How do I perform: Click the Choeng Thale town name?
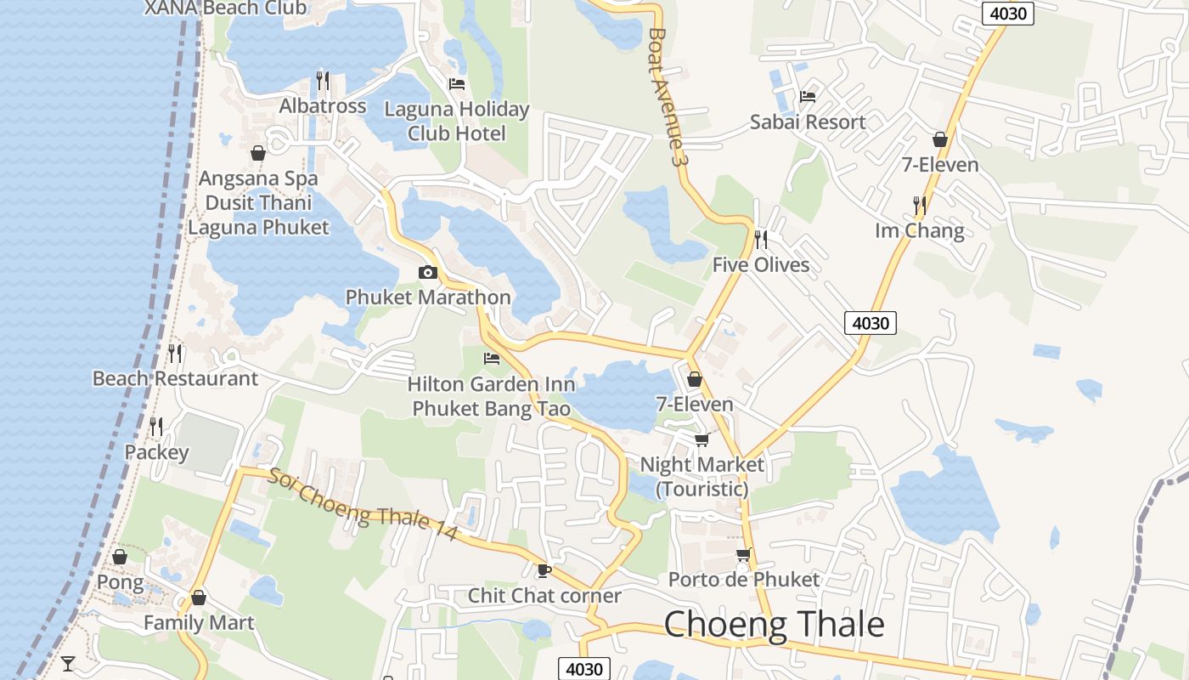774,625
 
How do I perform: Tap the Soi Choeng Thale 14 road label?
363,505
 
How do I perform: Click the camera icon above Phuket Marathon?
428,272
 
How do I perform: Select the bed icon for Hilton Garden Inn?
491,359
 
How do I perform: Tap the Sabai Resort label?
808,122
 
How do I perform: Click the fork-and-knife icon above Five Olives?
761,240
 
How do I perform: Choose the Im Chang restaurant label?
920,231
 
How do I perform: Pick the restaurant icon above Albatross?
323,81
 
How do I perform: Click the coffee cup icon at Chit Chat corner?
544,569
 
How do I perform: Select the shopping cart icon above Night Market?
702,439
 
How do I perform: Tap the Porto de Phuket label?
744,580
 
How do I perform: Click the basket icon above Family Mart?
199,598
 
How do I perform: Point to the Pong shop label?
120,583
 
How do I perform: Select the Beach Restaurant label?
175,379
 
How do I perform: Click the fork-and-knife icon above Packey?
156,426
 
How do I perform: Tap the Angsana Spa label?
258,179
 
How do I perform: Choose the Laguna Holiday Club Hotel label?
457,122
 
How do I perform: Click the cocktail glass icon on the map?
68,663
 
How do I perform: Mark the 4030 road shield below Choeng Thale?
584,669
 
